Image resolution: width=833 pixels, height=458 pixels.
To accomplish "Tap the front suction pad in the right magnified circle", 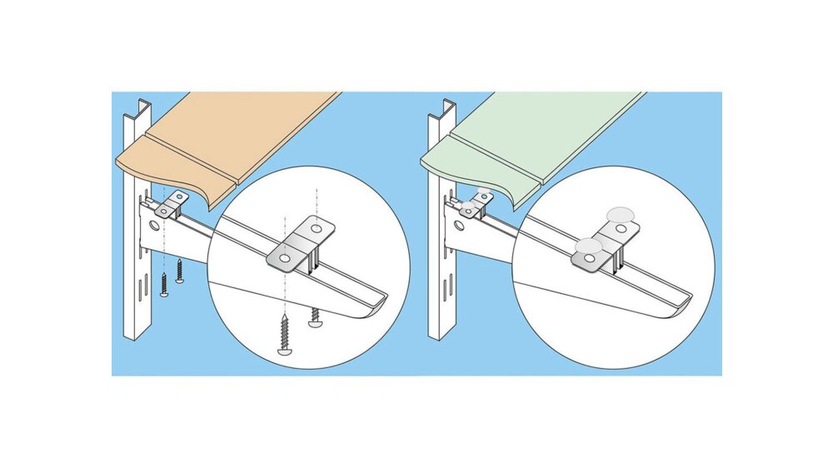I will [589, 246].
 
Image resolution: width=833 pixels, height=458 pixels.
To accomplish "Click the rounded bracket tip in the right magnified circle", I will [679, 300].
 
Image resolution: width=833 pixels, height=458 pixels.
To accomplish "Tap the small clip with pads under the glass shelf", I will [476, 204].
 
